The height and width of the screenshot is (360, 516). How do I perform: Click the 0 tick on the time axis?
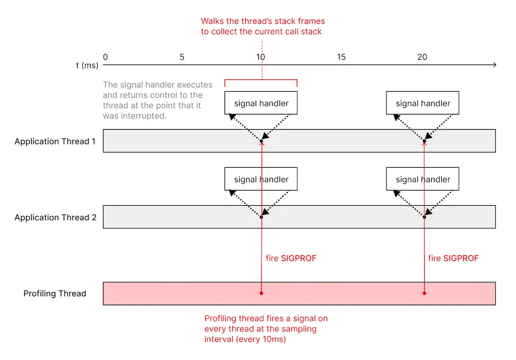(105, 57)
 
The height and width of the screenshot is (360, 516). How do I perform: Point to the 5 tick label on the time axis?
(182, 57)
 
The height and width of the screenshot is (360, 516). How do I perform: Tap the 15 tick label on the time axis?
(341, 57)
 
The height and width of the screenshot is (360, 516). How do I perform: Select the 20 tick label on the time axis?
(423, 57)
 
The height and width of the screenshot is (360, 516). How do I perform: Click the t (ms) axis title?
(87, 65)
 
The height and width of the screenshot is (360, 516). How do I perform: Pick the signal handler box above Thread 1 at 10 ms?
(261, 103)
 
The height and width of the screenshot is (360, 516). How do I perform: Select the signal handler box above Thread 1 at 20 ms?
(423, 103)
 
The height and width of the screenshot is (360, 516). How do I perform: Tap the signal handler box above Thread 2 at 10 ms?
(261, 179)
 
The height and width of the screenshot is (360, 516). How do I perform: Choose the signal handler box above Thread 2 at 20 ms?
(423, 179)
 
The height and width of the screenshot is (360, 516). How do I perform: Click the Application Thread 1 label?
(55, 142)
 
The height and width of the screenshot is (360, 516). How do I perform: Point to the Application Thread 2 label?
(55, 218)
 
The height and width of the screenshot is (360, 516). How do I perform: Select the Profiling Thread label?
(55, 294)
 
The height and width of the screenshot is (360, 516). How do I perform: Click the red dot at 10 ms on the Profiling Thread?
(262, 293)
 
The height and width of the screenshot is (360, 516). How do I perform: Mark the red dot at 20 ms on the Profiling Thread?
(424, 293)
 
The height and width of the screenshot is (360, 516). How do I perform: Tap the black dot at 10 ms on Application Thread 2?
(262, 217)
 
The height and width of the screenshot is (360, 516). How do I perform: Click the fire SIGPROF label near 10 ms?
(291, 258)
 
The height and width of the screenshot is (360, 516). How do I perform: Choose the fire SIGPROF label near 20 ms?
(454, 258)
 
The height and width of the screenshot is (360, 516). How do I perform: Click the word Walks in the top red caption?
(212, 22)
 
